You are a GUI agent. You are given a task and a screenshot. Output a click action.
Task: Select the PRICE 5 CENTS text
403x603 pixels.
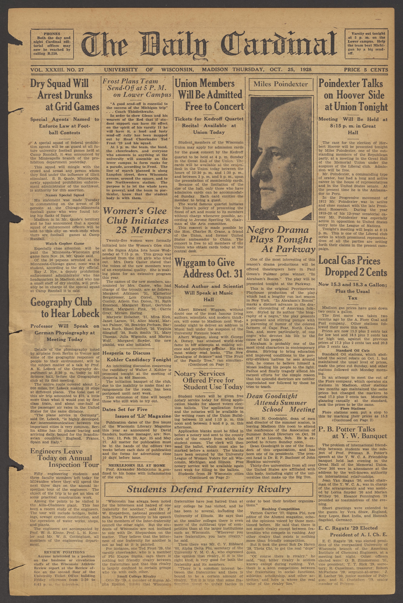(366, 70)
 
